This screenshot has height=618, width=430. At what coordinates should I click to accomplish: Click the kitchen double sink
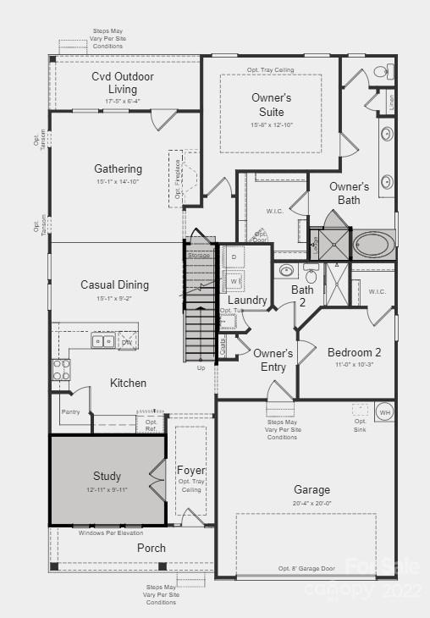(103, 341)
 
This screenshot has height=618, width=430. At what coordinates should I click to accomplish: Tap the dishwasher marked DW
(127, 342)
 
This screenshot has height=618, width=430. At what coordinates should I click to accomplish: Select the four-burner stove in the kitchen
(62, 370)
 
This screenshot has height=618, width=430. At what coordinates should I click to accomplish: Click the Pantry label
(70, 411)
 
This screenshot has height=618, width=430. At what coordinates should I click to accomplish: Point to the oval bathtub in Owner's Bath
(372, 246)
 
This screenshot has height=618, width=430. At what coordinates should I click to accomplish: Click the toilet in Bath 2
(311, 276)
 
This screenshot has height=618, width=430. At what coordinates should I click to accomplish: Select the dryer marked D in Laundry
(233, 257)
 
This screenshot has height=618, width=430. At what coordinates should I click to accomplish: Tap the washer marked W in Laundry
(233, 279)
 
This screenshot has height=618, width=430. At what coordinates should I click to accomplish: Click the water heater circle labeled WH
(384, 411)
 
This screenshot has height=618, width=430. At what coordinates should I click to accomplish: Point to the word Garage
(311, 489)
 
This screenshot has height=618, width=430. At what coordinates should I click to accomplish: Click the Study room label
(107, 476)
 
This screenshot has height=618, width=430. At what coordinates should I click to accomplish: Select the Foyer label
(190, 470)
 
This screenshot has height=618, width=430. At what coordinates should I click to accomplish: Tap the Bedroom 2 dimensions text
(354, 365)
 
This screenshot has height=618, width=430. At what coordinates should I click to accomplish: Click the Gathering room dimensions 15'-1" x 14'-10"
(118, 182)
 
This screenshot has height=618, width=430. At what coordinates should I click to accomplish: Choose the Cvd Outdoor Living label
(123, 83)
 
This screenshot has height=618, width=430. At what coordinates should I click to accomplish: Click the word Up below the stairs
(201, 368)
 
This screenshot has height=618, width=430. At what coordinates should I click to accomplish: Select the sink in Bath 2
(286, 272)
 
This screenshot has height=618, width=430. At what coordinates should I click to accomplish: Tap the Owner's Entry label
(273, 360)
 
